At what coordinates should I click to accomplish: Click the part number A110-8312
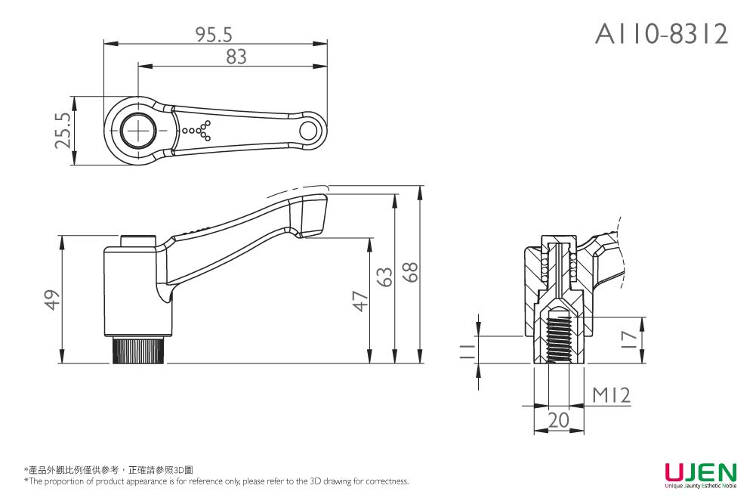coord(662,33)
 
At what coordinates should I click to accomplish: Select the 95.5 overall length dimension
coord(214,34)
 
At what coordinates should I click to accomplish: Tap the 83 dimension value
coord(236,57)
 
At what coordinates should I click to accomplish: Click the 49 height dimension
coord(51,300)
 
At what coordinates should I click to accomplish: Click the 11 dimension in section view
coord(467,348)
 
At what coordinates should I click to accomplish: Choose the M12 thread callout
coord(610,395)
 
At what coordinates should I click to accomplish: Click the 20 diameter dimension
coord(559,421)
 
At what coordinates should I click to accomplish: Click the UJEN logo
coord(699,474)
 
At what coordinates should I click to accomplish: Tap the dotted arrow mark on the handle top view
coord(198,131)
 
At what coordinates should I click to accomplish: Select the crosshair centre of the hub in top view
coord(139,131)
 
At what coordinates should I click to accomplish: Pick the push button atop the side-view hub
coord(138,241)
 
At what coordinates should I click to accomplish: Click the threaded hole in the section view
coord(559,339)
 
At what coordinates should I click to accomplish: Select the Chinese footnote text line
coord(109,470)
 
